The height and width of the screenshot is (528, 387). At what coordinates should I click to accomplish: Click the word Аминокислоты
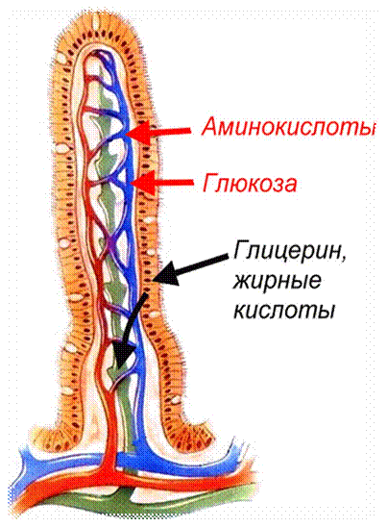click(x=287, y=127)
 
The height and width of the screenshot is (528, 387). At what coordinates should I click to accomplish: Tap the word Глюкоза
click(x=250, y=184)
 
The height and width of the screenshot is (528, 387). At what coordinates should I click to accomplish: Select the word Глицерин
click(x=287, y=252)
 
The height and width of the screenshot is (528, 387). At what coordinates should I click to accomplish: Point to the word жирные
click(x=277, y=283)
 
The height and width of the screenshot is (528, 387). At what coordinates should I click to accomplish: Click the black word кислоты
click(x=284, y=310)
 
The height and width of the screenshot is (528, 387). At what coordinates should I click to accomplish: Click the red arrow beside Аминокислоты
click(x=158, y=132)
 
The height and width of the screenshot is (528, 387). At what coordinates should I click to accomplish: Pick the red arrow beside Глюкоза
click(x=162, y=183)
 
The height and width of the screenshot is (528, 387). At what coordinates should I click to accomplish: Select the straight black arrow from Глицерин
click(x=189, y=270)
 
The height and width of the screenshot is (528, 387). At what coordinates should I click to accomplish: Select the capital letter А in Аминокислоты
click(x=211, y=127)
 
